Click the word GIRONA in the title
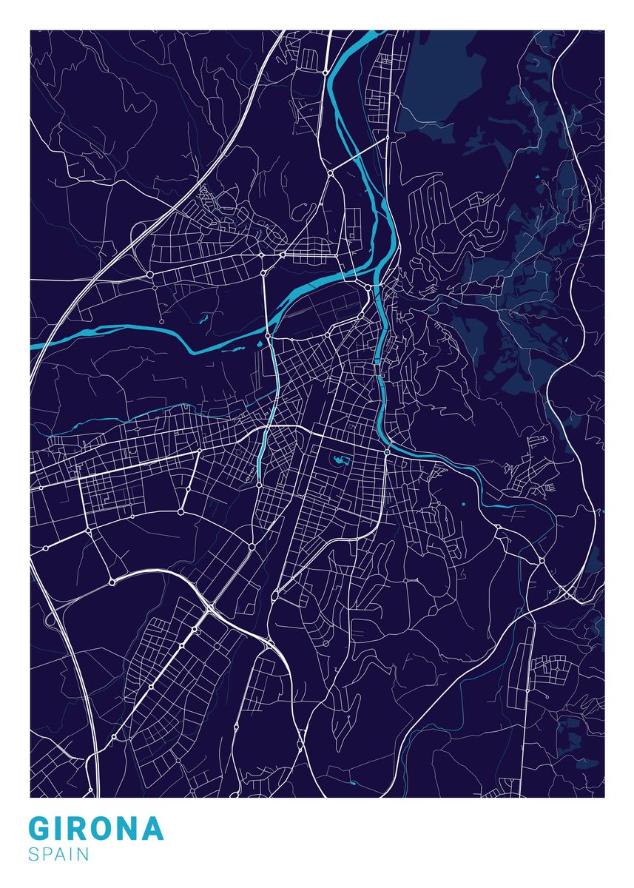tap(96, 829)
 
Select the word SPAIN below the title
tap(59, 855)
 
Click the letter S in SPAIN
tap(34, 855)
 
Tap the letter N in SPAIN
tap(83, 855)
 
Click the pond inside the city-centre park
tap(339, 462)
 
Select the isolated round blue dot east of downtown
tap(463, 504)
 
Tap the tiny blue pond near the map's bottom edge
tap(353, 783)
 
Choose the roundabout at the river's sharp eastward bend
tap(387, 451)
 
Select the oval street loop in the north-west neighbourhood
tap(275, 235)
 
